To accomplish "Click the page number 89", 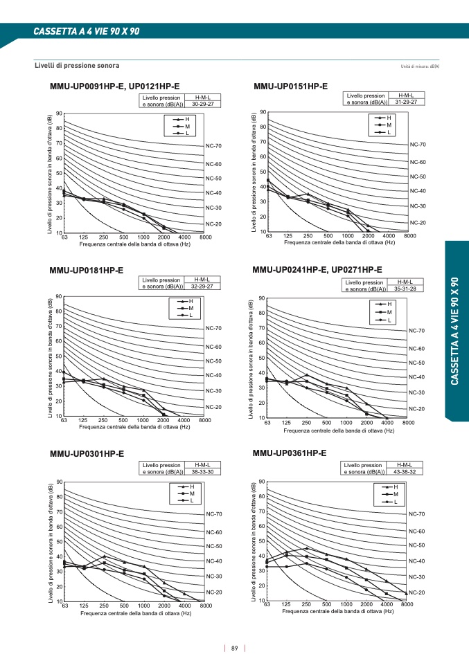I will pos(235,648).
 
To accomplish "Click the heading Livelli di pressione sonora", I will pos(77,66).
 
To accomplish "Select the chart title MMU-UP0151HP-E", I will pos(290,86).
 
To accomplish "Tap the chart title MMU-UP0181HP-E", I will pos(87,271).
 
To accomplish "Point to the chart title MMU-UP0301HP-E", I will pos(87,454).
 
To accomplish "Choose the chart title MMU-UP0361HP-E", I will pos(290,453).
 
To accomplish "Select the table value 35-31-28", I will pos(405,289).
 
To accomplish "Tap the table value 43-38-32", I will pos(405,472).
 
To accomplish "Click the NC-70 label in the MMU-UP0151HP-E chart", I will pos(418,145).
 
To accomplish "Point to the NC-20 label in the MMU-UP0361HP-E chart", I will pos(416,593).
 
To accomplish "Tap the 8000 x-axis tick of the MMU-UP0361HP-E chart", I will pos(407,605).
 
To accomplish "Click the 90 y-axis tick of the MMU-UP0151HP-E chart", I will pos(263,112).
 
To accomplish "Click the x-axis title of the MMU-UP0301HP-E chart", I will pos(135,613).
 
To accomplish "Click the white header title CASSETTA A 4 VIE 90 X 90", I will pos(87,32).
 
